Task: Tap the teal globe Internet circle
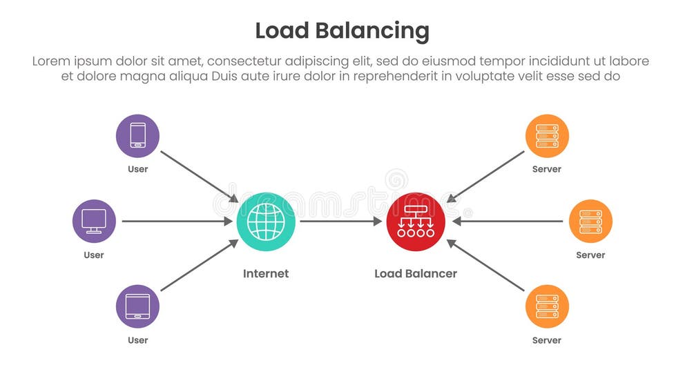click(266, 221)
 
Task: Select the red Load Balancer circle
click(416, 221)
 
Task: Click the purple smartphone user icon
click(137, 135)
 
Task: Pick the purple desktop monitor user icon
click(94, 221)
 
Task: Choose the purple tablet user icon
click(137, 306)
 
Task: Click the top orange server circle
click(547, 135)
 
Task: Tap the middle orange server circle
click(590, 221)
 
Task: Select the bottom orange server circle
click(547, 306)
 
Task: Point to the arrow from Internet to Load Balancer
click(340, 221)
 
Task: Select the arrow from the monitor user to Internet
click(177, 221)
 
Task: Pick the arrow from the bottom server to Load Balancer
click(486, 266)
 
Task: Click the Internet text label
click(266, 274)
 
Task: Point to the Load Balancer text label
click(416, 274)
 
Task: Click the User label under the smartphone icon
click(137, 169)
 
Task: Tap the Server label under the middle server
click(590, 255)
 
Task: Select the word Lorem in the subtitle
click(50, 61)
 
